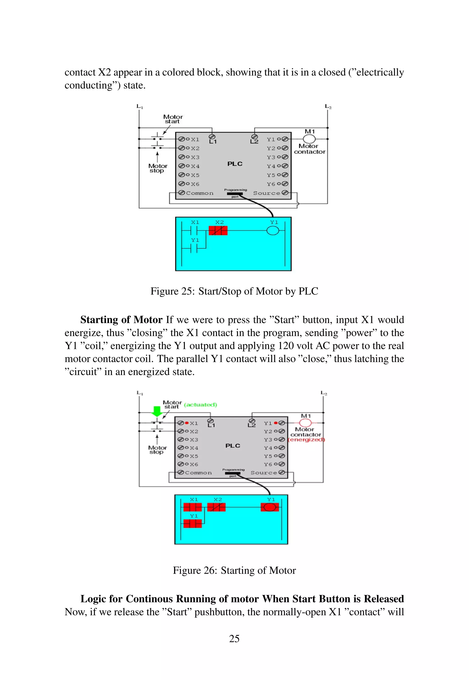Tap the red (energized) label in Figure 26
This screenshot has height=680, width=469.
[x=306, y=440]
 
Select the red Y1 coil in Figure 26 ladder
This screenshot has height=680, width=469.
[x=270, y=507]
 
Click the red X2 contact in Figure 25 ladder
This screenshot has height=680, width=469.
[x=218, y=231]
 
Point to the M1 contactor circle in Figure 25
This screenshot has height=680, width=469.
[x=309, y=139]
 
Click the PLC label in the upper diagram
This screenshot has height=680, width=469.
[x=235, y=164]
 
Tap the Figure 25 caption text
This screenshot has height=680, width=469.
[x=234, y=291]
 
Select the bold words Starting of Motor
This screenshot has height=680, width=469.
[x=121, y=320]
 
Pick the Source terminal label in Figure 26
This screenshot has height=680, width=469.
[x=264, y=473]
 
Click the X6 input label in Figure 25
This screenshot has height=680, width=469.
[x=195, y=184]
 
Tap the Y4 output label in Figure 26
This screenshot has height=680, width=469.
[x=268, y=448]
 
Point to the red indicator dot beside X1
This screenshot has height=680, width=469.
[x=187, y=423]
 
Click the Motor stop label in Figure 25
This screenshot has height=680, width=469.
[x=158, y=168]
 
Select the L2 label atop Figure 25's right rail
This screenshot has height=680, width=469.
[x=328, y=106]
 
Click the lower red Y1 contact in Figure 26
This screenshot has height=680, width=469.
[x=193, y=524]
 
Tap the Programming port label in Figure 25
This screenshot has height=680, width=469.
[x=235, y=190]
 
